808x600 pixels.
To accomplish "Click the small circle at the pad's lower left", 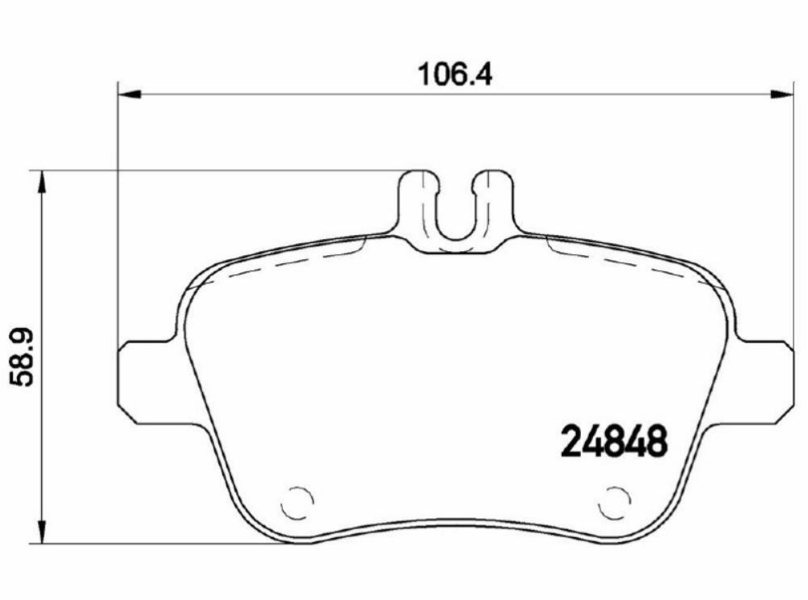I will [297, 503].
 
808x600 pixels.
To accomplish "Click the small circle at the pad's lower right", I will [614, 503].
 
